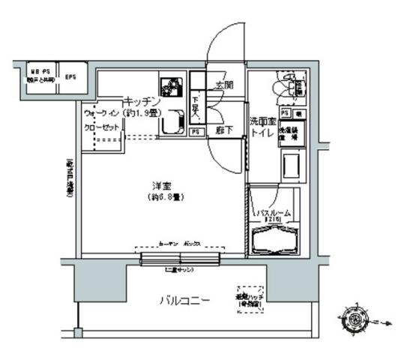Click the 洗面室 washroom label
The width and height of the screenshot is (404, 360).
(263, 121)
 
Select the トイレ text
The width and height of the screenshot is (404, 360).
(263, 133)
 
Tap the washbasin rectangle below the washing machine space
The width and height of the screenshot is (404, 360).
(291, 163)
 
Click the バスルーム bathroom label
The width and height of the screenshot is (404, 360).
(274, 213)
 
